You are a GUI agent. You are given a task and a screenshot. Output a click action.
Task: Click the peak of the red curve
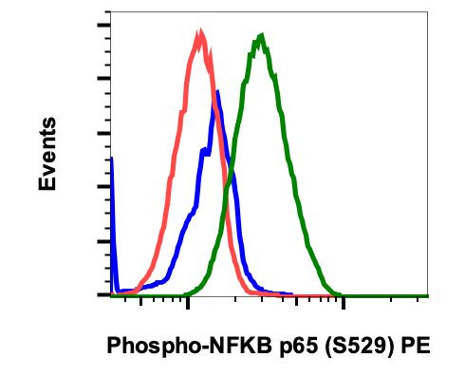[199, 34]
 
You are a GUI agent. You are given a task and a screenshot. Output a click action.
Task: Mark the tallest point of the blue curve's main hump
[218, 91]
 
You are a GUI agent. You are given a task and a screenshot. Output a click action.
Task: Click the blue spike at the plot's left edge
[112, 160]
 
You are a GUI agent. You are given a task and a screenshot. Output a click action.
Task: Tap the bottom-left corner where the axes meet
[110, 296]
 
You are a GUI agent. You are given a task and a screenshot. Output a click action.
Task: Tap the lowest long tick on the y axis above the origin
[102, 241]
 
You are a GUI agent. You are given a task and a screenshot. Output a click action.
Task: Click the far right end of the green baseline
[427, 295]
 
